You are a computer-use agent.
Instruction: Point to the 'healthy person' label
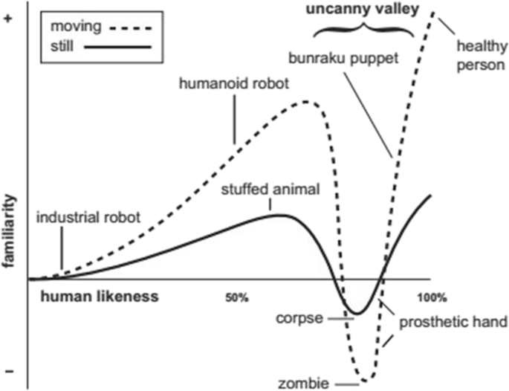point(480,56)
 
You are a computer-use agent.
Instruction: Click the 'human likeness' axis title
point(100,296)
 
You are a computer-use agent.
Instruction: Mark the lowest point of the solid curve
point(357,314)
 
